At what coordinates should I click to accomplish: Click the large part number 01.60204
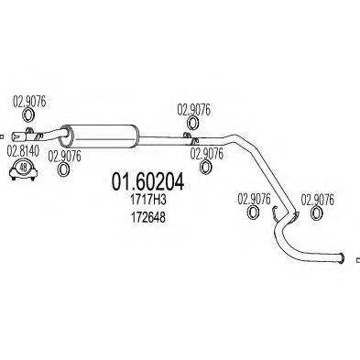coord(147,183)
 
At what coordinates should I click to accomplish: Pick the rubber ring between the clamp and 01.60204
coord(65,169)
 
